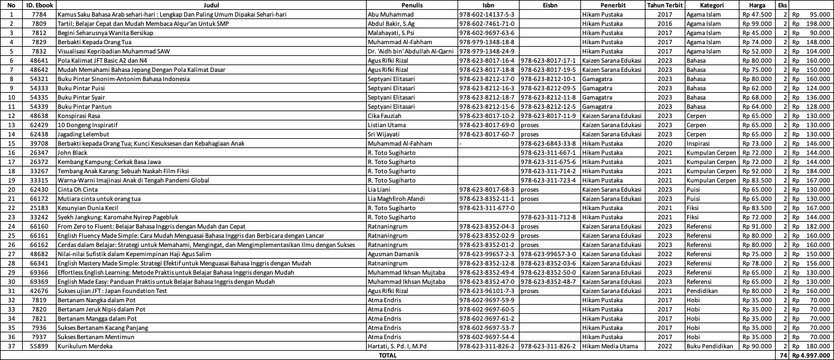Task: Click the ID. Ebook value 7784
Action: click(x=39, y=14)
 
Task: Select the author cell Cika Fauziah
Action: click(x=384, y=115)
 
